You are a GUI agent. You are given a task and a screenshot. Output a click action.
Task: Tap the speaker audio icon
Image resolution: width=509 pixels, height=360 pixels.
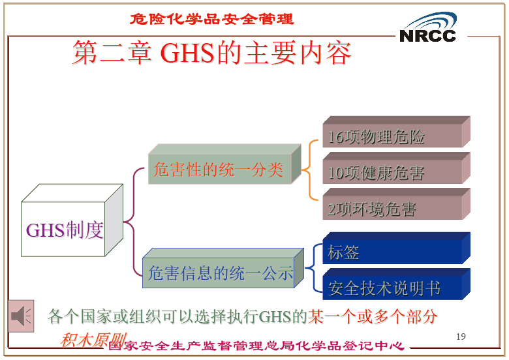(x=21, y=316)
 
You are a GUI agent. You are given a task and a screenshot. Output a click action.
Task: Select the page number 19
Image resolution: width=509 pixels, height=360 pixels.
(x=461, y=337)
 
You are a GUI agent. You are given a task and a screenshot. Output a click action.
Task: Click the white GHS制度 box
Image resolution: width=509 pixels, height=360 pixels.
(x=72, y=220)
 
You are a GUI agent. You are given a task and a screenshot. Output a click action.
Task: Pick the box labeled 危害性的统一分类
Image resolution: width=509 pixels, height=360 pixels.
(x=224, y=164)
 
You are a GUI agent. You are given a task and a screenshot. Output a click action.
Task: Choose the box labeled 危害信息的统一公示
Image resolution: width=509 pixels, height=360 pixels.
(x=223, y=268)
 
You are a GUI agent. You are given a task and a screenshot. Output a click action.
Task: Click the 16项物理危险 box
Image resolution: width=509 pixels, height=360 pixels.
(x=396, y=132)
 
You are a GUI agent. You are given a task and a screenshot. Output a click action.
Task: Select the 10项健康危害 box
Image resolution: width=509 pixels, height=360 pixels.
(x=396, y=168)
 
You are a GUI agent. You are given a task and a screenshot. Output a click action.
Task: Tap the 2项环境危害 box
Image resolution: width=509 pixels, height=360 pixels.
(x=396, y=204)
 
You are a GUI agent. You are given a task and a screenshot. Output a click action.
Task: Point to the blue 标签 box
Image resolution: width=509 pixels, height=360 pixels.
(x=396, y=248)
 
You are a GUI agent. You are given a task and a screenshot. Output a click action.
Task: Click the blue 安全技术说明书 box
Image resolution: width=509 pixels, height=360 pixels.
(x=396, y=284)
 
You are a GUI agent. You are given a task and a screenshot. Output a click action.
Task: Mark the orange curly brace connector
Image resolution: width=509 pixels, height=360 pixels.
(x=309, y=170)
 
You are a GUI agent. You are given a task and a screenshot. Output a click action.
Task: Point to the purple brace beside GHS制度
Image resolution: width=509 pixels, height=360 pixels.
(x=134, y=222)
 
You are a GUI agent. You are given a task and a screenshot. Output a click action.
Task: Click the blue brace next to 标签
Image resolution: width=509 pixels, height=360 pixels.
(x=314, y=268)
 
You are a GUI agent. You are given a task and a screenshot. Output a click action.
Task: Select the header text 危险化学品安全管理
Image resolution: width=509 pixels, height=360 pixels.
(x=211, y=19)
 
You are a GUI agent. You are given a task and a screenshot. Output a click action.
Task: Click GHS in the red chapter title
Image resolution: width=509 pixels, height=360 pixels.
(x=187, y=53)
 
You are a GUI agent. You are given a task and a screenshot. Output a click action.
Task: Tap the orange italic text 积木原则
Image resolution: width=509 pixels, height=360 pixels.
(x=93, y=340)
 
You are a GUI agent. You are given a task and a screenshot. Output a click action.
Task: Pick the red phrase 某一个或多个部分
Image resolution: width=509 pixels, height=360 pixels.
(x=373, y=316)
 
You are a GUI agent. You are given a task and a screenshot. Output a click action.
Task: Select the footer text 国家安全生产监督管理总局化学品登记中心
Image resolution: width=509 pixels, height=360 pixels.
(x=256, y=346)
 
